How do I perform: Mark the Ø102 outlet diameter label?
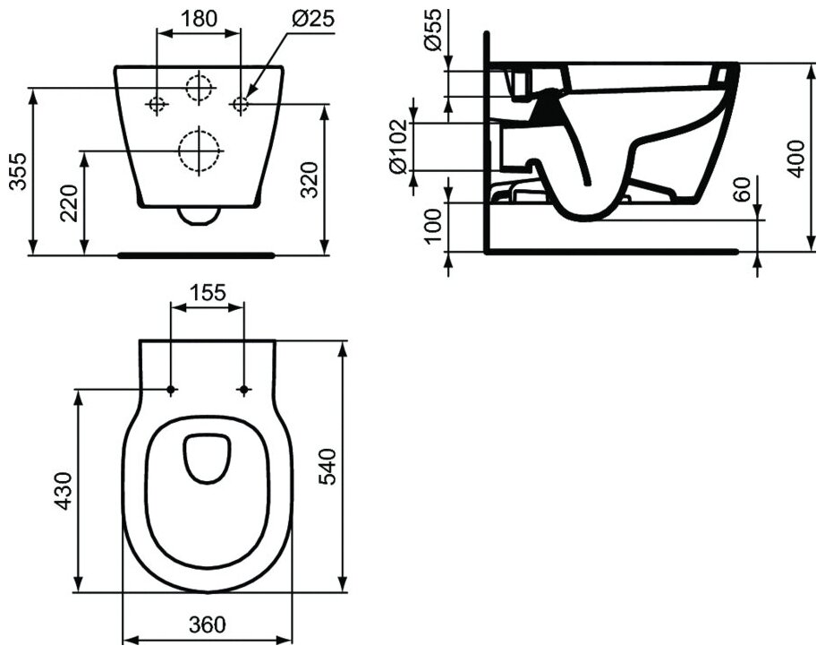tap(400, 145)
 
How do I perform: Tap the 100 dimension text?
tap(432, 227)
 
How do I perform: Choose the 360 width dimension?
tap(208, 624)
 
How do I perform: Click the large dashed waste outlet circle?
tap(199, 150)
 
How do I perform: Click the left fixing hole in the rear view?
tap(157, 105)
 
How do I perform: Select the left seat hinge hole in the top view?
tap(171, 390)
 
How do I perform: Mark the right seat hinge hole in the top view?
tap(245, 390)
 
